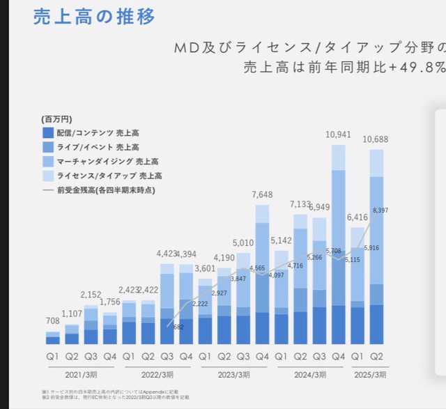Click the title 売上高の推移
(x=94, y=17)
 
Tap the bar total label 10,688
(x=376, y=139)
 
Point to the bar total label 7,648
(x=263, y=194)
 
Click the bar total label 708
(x=53, y=321)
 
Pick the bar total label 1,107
(x=72, y=314)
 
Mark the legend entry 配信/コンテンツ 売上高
(x=91, y=132)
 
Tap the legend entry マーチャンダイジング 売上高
(x=98, y=161)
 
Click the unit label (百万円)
(x=56, y=119)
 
